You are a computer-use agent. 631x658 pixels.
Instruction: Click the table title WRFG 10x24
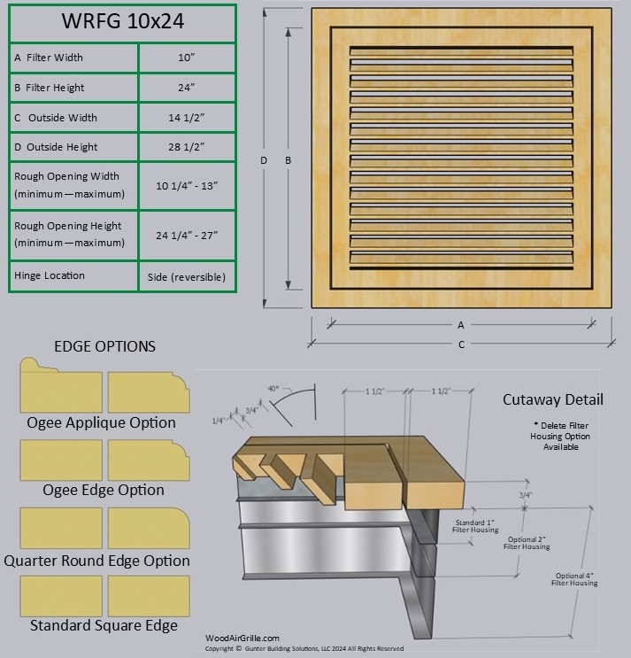tap(122, 22)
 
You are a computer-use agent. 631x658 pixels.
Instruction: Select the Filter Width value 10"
tap(187, 58)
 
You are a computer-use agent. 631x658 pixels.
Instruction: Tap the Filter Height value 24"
tap(187, 88)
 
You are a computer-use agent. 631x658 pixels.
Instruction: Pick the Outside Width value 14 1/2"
tap(187, 118)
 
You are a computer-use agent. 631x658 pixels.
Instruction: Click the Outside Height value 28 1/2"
tap(187, 147)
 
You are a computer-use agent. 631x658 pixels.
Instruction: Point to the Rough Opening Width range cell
tap(187, 185)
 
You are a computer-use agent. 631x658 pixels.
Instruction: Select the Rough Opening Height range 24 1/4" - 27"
tap(187, 235)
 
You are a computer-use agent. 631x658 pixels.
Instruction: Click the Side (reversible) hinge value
tap(187, 276)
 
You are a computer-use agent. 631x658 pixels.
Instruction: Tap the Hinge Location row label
tap(50, 275)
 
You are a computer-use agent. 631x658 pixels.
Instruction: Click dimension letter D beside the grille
tap(263, 160)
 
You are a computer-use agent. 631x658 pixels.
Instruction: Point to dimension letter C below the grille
tap(461, 344)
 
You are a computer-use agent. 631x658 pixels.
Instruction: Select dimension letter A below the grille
tap(461, 325)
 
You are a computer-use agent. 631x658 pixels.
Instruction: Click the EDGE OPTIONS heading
tap(104, 346)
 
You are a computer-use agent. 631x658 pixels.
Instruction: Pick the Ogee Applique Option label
tap(102, 422)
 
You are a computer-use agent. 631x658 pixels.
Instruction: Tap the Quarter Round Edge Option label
tap(96, 561)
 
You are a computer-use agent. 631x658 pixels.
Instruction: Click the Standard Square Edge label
tap(104, 625)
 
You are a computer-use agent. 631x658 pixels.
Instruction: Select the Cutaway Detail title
tap(553, 399)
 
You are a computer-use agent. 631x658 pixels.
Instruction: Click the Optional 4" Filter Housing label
tap(576, 579)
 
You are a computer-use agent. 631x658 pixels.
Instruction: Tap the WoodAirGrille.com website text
tap(242, 638)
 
